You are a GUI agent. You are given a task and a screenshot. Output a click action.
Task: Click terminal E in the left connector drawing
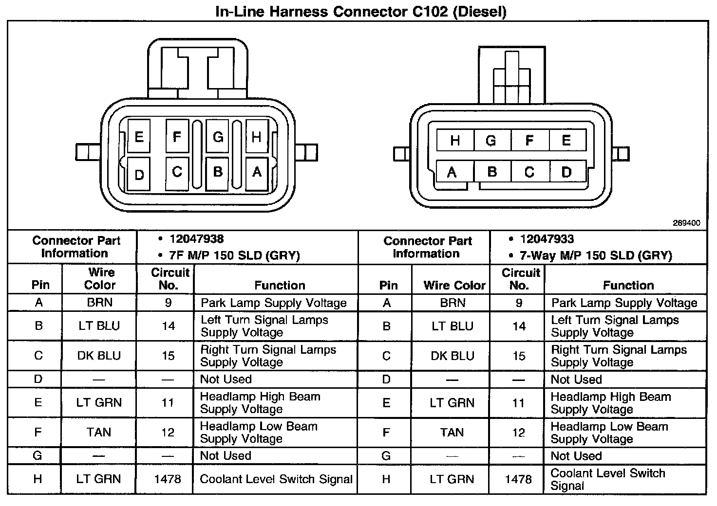[x=139, y=137]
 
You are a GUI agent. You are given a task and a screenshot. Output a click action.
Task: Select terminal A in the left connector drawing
[x=257, y=172]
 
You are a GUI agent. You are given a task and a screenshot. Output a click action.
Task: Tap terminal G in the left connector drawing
[x=218, y=137]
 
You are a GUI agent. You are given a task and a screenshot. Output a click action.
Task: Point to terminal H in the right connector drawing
[x=455, y=141]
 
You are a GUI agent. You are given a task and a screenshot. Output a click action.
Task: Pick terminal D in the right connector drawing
[x=566, y=172]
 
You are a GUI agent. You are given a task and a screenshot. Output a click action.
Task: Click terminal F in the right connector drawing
[x=529, y=141]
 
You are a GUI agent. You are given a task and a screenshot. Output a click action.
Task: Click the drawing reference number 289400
[x=686, y=223]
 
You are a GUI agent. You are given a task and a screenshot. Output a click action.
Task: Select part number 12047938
[x=196, y=239]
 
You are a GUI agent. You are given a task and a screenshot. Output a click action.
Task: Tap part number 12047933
[x=547, y=239]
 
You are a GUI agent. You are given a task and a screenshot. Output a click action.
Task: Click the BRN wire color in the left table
[x=99, y=303]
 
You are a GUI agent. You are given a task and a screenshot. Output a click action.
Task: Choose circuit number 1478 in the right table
[x=518, y=480]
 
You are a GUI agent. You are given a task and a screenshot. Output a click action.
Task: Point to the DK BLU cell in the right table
[x=452, y=356]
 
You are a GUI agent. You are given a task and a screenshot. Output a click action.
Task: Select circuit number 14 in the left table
[x=168, y=326]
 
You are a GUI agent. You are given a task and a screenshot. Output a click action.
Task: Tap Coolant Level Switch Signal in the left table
[x=276, y=479]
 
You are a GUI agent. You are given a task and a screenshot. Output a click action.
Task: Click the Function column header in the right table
[x=628, y=285]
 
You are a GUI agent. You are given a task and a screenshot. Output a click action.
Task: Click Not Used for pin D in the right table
[x=576, y=379]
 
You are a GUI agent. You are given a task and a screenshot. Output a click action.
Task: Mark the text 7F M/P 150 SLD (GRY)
[x=234, y=255]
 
